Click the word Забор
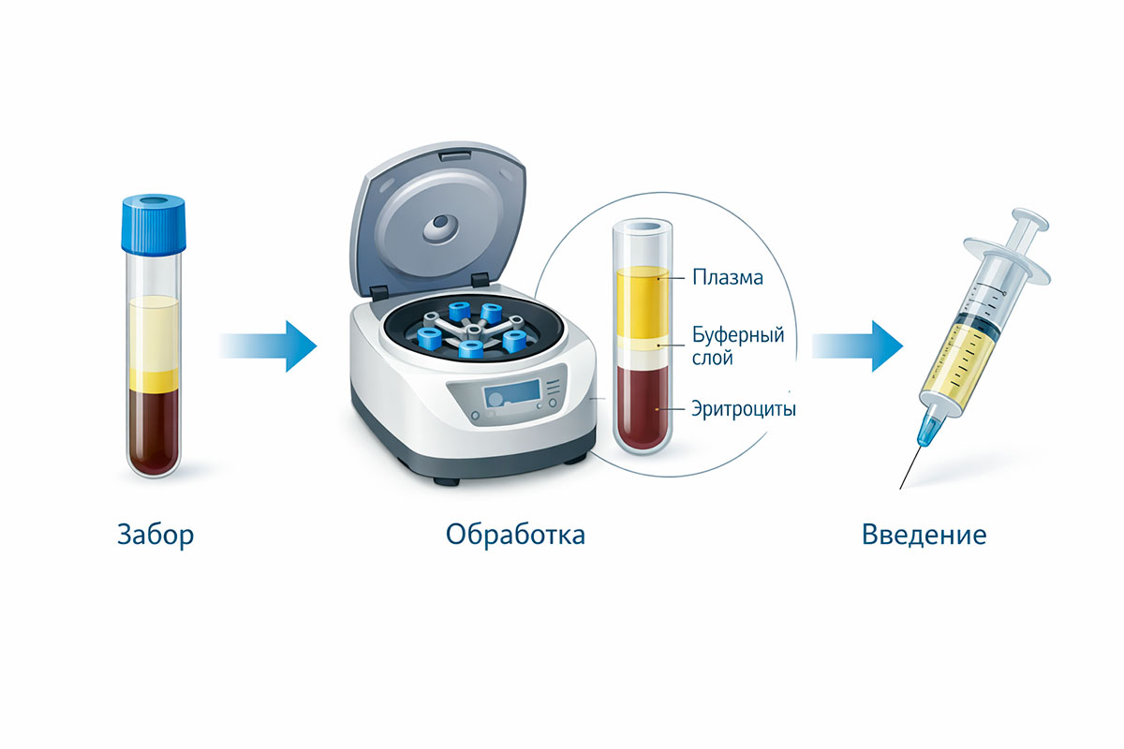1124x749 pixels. pos(155,535)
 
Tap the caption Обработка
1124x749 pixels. pos(515,534)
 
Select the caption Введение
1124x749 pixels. pos(924,535)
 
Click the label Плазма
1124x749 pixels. pos(728,277)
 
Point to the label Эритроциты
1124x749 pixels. pos(744,409)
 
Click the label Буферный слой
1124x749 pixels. pos(738,346)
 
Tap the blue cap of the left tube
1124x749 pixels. pos(154,224)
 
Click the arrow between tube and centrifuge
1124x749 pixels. pos(269,346)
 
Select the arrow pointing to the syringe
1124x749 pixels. pos(857,346)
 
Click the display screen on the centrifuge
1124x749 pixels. pos(511,393)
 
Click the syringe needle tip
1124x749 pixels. pos(900,488)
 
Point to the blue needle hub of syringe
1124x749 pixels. pos(928,430)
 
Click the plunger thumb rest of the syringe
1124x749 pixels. pos(1030,220)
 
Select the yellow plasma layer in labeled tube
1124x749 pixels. pos(643,302)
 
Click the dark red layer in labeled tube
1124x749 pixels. pos(643,407)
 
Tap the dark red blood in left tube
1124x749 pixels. pos(154,433)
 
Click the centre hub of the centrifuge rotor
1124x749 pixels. pos(473,330)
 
